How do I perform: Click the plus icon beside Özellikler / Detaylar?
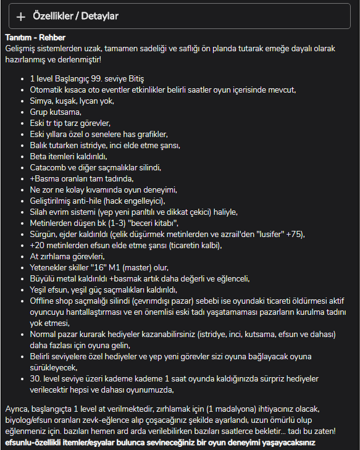pyautogui.click(x=21, y=17)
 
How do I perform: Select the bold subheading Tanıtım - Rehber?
pyautogui.click(x=36, y=38)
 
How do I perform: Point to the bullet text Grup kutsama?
pyautogui.click(x=55, y=112)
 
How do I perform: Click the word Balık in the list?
pyautogui.click(x=41, y=145)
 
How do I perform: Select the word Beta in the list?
pyautogui.click(x=39, y=156)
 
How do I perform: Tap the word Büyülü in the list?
pyautogui.click(x=43, y=278)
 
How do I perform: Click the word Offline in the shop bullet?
pyautogui.click(x=44, y=301)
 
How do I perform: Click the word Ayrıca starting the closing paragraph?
pyautogui.click(x=18, y=410)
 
